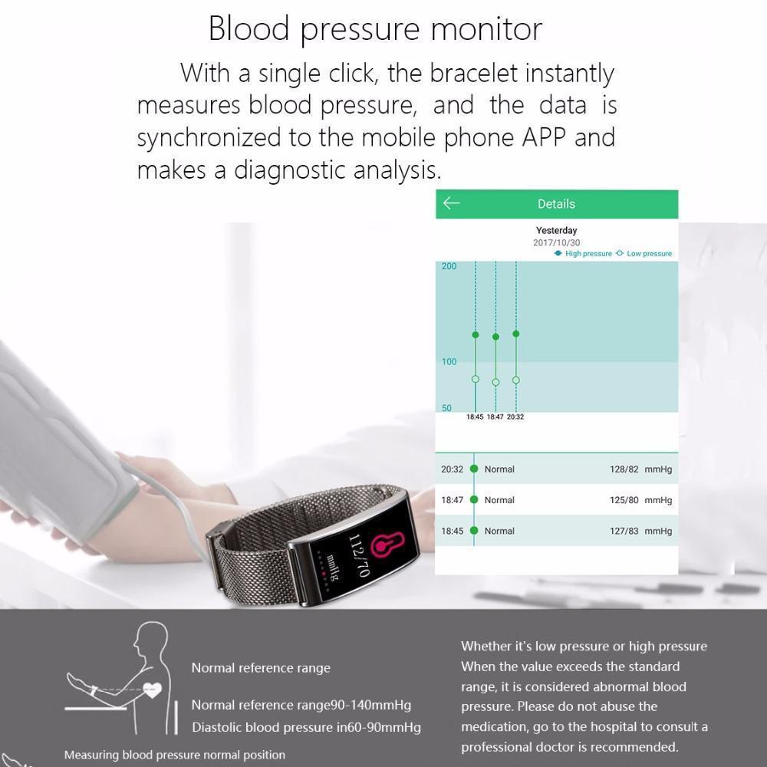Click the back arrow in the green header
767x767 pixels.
click(x=451, y=203)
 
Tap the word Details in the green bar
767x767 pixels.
click(x=556, y=204)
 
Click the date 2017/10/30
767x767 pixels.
click(x=556, y=242)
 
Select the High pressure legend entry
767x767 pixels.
click(x=584, y=254)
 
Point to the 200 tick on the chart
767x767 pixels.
click(x=449, y=267)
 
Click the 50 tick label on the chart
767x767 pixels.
click(x=446, y=409)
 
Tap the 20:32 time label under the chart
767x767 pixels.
click(x=515, y=417)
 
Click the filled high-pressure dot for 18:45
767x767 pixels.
click(x=476, y=335)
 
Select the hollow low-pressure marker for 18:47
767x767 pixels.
click(x=495, y=382)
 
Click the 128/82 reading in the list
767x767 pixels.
click(x=624, y=469)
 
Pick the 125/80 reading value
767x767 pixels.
click(x=624, y=500)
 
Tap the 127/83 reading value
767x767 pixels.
click(x=624, y=531)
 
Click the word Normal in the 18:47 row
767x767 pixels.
click(x=499, y=500)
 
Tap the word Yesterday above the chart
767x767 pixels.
click(x=556, y=230)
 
